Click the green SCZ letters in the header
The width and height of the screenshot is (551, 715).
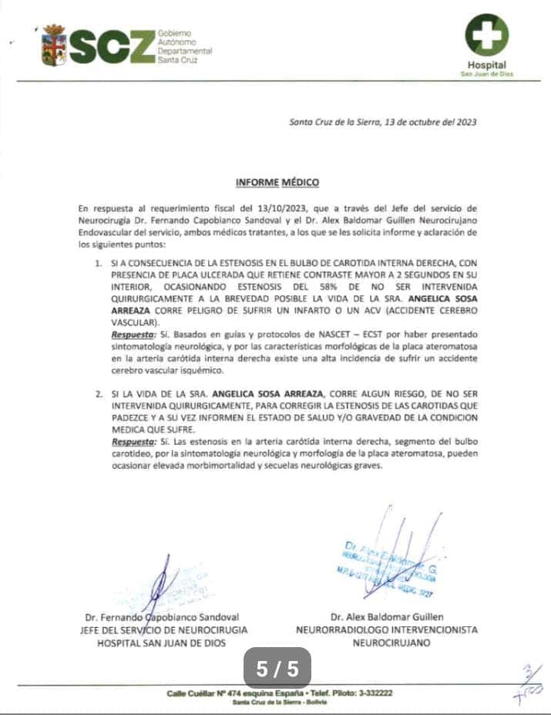point(112,46)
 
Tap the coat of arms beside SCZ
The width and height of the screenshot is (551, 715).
point(54,45)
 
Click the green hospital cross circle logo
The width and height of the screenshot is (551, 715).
point(487,35)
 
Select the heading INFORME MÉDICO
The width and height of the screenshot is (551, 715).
point(277,183)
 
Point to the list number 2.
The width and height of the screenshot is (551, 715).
point(98,393)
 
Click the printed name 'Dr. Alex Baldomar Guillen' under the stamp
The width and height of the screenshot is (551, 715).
point(386,617)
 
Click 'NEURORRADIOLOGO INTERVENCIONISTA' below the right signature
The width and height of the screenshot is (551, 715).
point(386,629)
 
